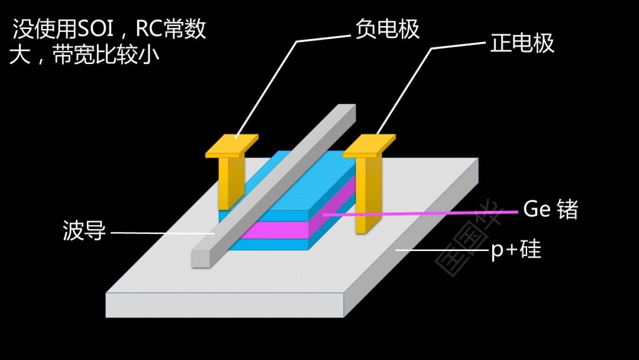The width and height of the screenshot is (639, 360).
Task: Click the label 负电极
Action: coord(388,28)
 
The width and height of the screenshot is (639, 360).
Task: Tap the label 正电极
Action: coord(522,43)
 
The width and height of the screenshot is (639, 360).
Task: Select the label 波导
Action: coord(84,231)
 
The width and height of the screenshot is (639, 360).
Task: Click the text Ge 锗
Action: coord(550,209)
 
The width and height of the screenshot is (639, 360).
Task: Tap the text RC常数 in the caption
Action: coord(171,29)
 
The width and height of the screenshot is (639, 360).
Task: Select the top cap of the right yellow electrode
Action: coord(369,144)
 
